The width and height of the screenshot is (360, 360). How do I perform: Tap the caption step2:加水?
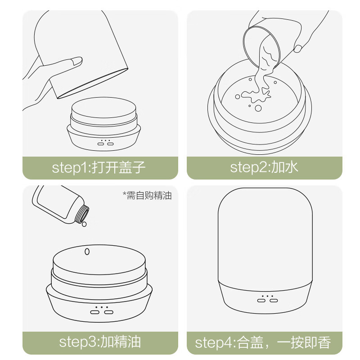coord(264,168)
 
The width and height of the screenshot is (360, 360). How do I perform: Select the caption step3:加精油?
coord(100,342)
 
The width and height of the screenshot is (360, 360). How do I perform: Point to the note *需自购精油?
coord(147,195)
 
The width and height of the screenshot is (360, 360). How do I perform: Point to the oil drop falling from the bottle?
coord(84,224)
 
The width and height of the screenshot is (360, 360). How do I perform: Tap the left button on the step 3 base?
coord(95,311)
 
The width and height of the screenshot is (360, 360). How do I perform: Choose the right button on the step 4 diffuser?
coord(274,300)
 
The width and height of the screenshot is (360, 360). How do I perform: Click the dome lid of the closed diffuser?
coord(265,234)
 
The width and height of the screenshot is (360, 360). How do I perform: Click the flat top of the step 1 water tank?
coord(104,108)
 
